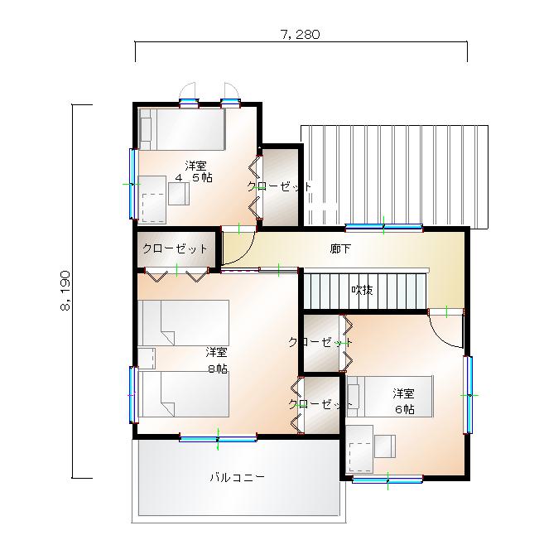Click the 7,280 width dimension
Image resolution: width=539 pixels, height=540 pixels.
[x=300, y=35]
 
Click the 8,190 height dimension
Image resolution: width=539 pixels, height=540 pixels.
[x=65, y=291]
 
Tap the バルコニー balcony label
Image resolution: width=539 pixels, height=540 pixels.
[x=238, y=477]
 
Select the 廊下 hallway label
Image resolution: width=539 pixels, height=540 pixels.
[x=340, y=248]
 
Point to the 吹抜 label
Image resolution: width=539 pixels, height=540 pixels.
[x=362, y=290]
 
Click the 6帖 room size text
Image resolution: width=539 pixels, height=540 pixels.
[x=404, y=409]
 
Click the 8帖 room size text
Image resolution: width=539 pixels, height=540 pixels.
[x=218, y=369]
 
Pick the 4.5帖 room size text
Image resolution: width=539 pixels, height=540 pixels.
[x=194, y=178]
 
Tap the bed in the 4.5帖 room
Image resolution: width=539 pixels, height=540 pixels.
[x=182, y=129]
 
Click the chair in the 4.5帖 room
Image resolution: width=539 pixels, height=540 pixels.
[x=179, y=194]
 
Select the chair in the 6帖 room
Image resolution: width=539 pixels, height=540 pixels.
[x=385, y=446]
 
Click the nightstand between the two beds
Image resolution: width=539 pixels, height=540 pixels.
[x=147, y=359]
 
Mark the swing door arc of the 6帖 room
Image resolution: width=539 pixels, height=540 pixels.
[x=444, y=330]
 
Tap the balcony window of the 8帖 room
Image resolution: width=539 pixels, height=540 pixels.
[x=219, y=439]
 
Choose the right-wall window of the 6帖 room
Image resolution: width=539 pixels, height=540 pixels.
[x=468, y=395]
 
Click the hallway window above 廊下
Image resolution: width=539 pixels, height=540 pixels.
[x=384, y=226]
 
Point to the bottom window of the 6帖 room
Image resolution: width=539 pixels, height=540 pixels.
[x=387, y=479]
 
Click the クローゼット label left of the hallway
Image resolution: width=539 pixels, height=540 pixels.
[x=175, y=248]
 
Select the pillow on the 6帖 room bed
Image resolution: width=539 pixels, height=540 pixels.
[x=354, y=397]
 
